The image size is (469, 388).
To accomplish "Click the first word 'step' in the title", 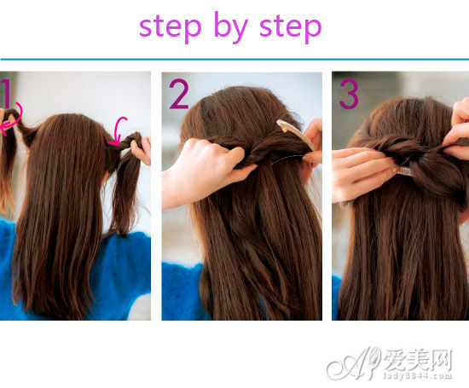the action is point(170,27).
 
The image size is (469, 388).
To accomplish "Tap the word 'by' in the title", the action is point(231,27).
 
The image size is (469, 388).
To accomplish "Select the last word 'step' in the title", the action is point(291,27).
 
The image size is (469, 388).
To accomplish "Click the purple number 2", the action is point(179,93).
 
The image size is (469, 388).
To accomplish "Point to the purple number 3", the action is point(349,93).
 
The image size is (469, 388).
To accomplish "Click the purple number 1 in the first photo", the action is point(7,93).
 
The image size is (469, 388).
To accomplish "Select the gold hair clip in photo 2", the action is point(296,135).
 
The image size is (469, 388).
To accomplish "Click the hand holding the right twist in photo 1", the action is point(142,150).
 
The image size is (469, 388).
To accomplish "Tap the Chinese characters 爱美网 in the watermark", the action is point(417,360).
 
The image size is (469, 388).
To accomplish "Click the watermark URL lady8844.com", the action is point(417,376).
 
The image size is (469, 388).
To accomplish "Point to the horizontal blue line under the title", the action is point(234,59).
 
